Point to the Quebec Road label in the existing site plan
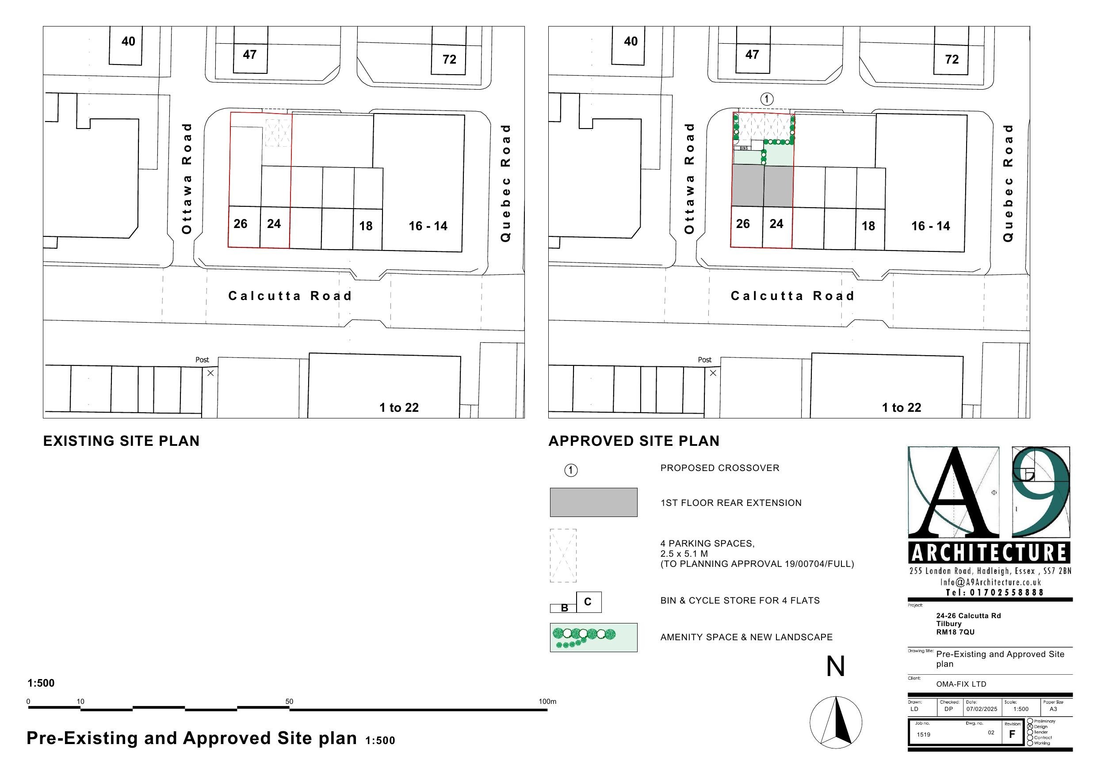click(505, 183)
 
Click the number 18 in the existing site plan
click(366, 226)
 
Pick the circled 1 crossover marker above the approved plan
click(766, 99)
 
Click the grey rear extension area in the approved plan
click(763, 186)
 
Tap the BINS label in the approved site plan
click(743, 148)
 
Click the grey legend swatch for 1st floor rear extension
click(593, 502)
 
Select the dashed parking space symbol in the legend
click(563, 555)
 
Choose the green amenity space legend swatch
click(593, 638)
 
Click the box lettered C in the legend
click(588, 602)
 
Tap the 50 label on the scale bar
click(290, 702)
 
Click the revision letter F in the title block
click(1012, 734)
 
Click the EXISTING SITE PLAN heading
click(121, 441)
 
